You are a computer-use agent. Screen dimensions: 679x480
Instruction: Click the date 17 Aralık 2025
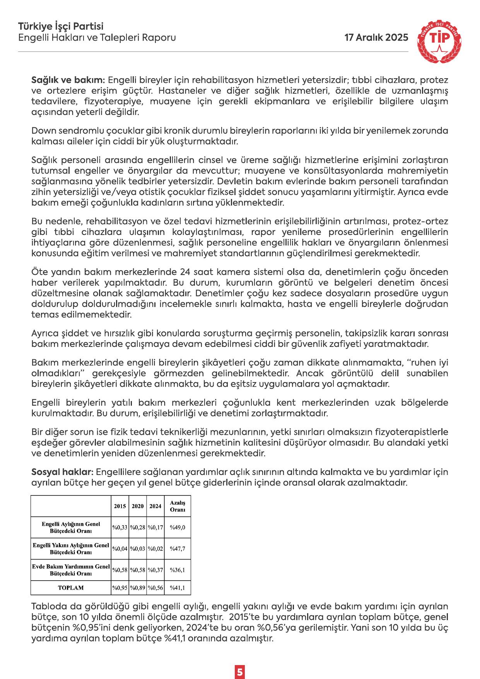376,38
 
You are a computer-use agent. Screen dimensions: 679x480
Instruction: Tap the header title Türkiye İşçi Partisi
61,27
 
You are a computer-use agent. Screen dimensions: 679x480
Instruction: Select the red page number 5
240,661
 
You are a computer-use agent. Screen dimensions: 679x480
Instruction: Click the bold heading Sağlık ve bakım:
68,81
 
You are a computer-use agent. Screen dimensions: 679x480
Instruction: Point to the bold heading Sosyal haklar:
62,472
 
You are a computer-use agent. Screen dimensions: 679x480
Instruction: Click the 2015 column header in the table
120,506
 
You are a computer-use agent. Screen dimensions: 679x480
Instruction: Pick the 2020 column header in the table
138,506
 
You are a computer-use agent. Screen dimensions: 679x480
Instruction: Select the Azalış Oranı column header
178,506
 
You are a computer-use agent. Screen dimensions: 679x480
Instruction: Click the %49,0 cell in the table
178,527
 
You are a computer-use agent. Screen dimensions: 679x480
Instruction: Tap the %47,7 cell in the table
178,549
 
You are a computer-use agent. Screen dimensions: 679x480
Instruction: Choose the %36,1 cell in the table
178,570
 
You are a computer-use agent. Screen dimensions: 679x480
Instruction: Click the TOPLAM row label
71,588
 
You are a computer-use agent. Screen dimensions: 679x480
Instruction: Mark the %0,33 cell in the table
120,527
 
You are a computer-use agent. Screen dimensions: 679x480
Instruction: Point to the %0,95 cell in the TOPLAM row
120,588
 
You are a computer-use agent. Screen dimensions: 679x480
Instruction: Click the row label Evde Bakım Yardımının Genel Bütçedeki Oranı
71,570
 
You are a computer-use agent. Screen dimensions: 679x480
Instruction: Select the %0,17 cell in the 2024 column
155,527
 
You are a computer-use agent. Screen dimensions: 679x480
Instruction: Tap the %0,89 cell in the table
138,588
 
